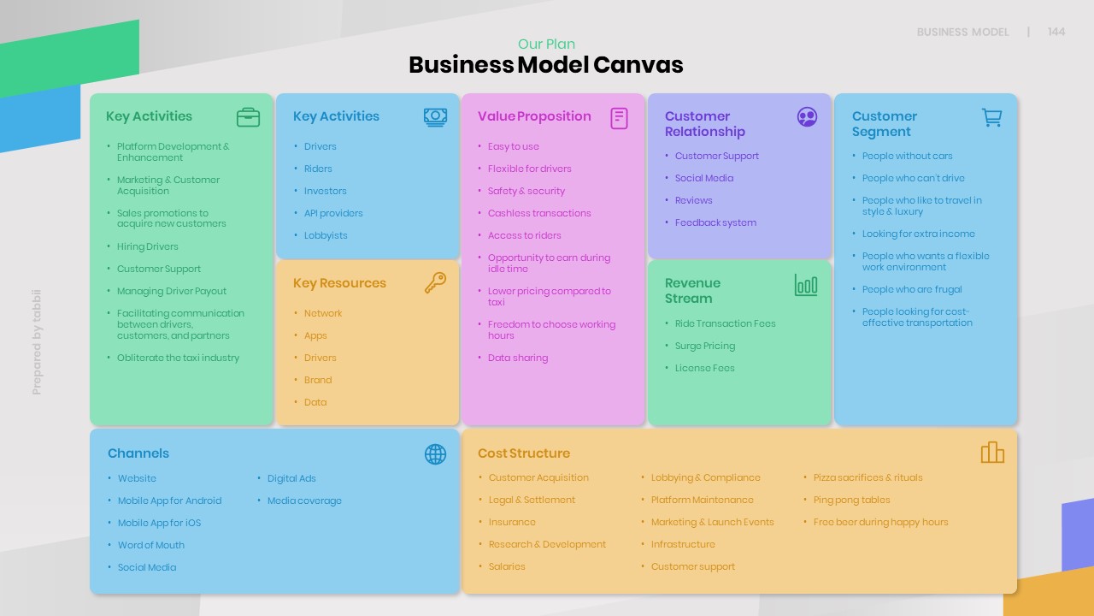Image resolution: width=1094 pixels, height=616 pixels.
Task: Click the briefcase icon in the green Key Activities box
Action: coord(248,117)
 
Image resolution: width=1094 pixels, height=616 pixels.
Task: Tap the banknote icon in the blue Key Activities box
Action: coord(435,117)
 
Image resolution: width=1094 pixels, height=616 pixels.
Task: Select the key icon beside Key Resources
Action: coord(435,283)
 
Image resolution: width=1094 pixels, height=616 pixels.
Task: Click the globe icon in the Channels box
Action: coord(435,454)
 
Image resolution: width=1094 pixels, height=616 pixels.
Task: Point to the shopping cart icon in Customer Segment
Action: coord(991,117)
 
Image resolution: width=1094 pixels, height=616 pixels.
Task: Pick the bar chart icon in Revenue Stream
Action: coord(806,285)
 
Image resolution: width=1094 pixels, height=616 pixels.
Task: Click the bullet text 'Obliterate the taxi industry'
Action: coord(178,358)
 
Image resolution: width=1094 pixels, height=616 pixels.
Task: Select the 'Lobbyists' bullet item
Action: coord(326,235)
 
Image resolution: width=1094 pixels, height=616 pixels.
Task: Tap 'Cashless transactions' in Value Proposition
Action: coord(539,213)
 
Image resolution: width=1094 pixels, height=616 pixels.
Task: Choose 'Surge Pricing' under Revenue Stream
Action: coord(705,346)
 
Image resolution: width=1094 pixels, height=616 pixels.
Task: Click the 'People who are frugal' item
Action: coord(912,289)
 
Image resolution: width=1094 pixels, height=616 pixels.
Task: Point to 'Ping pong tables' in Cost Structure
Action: coord(851,500)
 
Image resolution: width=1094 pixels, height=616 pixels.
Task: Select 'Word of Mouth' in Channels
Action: coord(151,545)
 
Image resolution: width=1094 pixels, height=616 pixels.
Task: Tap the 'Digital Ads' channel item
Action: coord(291,478)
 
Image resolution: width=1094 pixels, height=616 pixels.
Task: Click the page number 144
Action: coord(1056,32)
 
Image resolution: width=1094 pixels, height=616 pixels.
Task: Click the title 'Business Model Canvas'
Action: coord(546,65)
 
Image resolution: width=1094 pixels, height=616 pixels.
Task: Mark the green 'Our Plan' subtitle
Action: coord(546,44)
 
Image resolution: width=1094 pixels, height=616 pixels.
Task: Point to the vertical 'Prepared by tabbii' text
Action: coord(37,342)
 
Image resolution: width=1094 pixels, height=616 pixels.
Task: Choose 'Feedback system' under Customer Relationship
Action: coord(715,222)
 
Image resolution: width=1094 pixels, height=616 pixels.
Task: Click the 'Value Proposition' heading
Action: coord(534,116)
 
